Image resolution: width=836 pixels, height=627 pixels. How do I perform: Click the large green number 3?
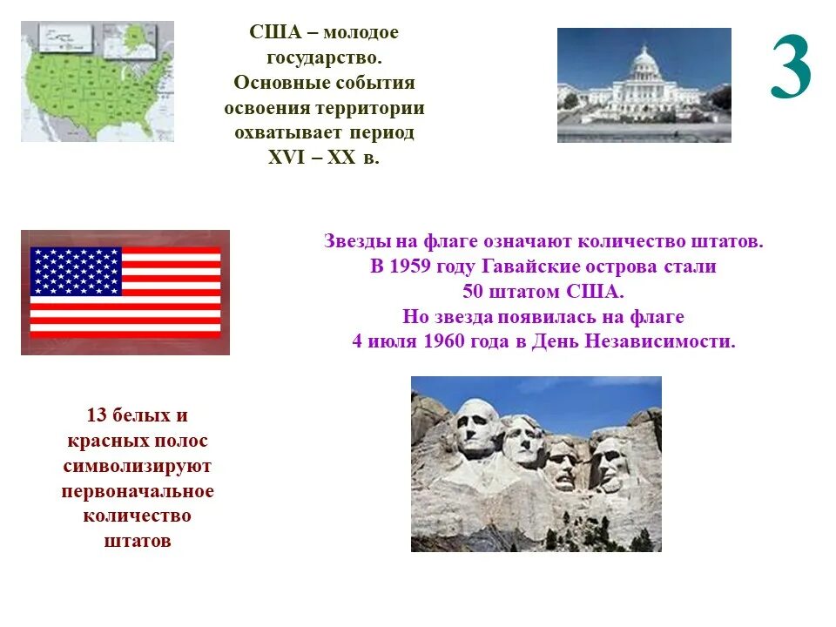coord(791,70)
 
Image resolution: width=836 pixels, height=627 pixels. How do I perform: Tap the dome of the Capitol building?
coord(644,63)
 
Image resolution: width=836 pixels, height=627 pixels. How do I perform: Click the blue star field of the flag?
coord(76,271)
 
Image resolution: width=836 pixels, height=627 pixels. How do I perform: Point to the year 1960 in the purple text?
coord(447,341)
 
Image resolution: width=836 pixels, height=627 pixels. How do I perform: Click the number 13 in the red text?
coord(98,415)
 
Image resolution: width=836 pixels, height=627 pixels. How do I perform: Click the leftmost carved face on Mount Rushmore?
coord(478,427)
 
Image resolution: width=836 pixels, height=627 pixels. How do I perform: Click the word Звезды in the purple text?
coord(353,241)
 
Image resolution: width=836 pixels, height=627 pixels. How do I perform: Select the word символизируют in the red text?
coord(137,466)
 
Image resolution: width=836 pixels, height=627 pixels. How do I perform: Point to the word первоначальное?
coord(137,491)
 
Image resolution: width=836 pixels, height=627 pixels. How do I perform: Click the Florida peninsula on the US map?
coord(145,126)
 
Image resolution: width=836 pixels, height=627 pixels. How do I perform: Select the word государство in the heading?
coord(323,57)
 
